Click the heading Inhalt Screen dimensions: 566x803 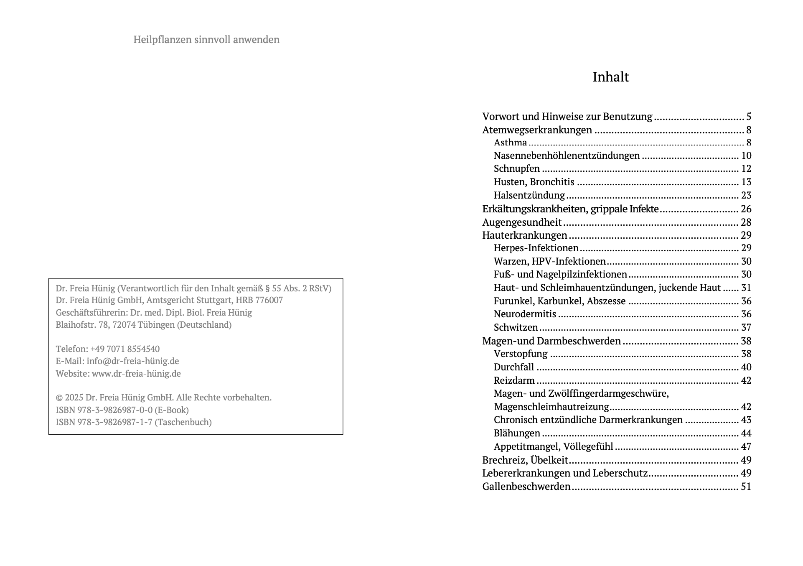610,77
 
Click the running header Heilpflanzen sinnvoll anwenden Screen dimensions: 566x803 206,40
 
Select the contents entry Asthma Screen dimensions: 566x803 510,143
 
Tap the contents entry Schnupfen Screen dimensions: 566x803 516,168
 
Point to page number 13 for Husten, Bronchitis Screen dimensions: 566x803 746,182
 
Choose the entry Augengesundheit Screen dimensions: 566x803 522,222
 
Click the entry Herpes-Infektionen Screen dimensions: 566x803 536,248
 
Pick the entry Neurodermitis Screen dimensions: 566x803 525,314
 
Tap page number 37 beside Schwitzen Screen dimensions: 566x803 746,327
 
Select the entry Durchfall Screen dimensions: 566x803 514,367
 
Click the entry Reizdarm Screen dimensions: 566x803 514,380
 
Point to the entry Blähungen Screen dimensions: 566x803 517,433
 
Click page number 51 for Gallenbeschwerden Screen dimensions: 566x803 746,487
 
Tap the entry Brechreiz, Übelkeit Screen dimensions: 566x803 525,460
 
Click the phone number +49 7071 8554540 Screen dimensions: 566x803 125,349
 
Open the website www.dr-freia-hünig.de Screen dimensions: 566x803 136,374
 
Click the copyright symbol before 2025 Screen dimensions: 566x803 59,398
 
